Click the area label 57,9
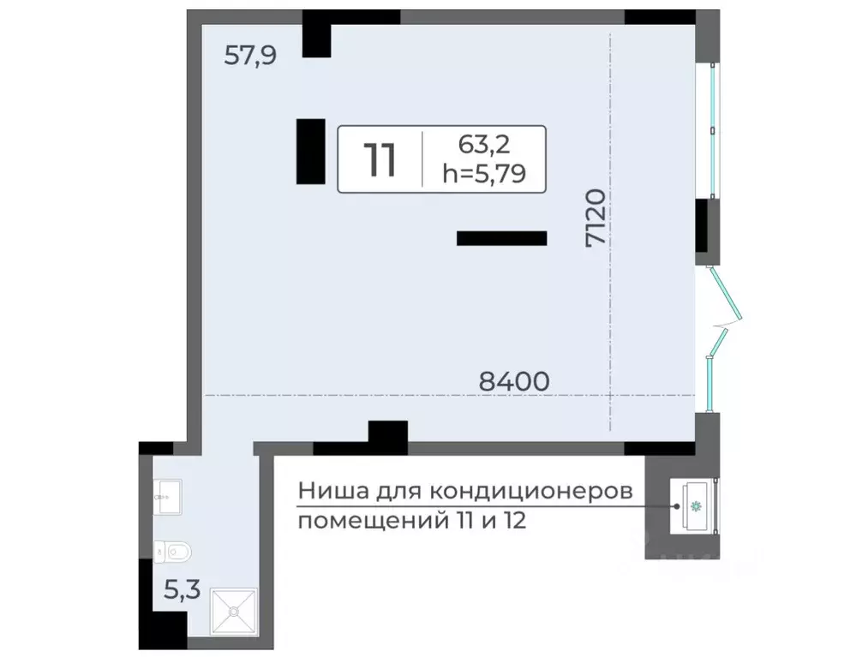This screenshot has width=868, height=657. click(x=250, y=57)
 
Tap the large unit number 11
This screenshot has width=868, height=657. click(x=380, y=160)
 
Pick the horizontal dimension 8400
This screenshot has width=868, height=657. click(x=513, y=380)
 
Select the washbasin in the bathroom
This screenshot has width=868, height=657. click(x=166, y=492)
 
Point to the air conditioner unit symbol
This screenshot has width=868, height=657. click(x=695, y=505)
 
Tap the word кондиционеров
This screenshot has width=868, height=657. click(x=530, y=493)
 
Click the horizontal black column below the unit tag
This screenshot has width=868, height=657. click(x=501, y=239)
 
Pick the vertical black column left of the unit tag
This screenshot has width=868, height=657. click(x=310, y=151)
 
